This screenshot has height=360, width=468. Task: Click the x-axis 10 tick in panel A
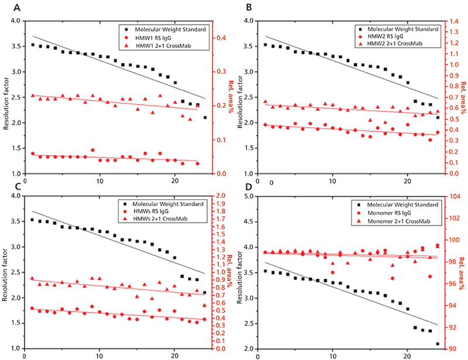click(x=99, y=181)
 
